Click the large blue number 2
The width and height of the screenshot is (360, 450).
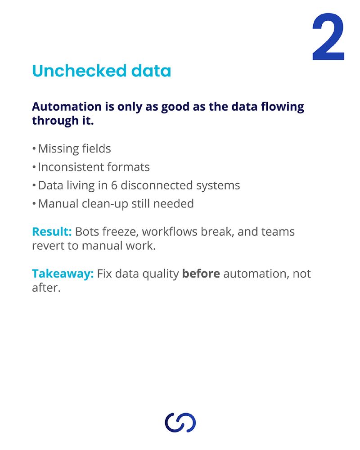328,37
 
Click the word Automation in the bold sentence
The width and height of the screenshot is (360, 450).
67,107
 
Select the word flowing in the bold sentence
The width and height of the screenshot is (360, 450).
283,107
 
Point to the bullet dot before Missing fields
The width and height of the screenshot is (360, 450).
34,148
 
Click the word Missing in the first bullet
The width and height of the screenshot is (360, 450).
58,149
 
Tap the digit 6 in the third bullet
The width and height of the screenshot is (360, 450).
114,185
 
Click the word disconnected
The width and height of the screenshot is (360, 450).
157,185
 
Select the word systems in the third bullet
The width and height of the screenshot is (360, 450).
218,186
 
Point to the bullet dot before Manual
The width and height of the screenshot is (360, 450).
34,204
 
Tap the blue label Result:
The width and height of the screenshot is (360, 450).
52,232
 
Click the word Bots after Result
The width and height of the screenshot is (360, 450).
87,232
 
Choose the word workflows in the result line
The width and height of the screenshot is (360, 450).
170,232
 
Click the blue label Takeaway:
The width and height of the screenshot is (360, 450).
63,274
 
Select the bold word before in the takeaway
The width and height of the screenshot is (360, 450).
201,274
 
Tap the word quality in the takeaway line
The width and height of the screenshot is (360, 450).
161,274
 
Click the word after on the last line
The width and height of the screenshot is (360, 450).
46,288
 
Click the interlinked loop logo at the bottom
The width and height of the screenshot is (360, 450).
180,423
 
